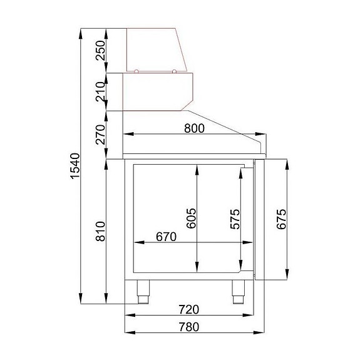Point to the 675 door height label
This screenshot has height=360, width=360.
pos(281,219)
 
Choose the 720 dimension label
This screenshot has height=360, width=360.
pos(188,309)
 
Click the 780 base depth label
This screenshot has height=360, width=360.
pos(188,326)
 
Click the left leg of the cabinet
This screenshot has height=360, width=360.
pos(145,291)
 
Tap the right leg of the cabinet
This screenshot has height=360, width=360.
pos(239,291)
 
